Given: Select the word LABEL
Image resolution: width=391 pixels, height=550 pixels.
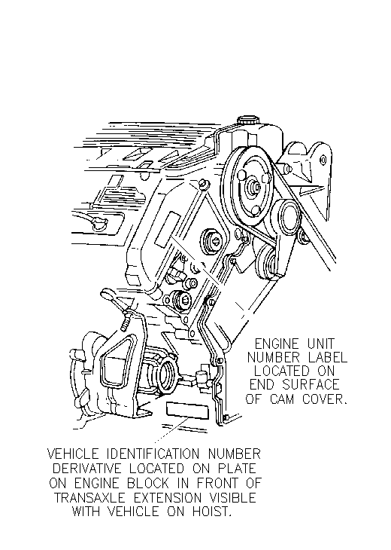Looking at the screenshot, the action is tap(328, 357).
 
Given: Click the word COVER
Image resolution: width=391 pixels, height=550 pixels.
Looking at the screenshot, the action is tap(325, 399).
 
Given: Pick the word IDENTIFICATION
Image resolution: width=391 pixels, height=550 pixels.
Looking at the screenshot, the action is tap(153, 454).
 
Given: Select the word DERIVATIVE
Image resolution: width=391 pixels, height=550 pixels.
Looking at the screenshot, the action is tap(87, 469).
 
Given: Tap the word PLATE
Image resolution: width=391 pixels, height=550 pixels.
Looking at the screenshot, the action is tap(237, 469).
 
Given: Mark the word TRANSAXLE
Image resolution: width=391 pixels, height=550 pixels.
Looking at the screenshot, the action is tap(90, 498).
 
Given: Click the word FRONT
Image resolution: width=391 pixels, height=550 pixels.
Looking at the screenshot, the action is tap(217, 484).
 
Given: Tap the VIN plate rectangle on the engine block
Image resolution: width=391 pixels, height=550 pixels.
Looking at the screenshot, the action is tap(187, 411).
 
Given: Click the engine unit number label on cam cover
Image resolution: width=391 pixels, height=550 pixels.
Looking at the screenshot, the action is tap(168, 230).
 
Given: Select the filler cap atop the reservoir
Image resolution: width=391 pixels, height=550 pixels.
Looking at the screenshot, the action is tap(248, 121).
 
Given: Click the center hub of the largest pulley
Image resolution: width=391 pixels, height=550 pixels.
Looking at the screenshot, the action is tap(254, 187).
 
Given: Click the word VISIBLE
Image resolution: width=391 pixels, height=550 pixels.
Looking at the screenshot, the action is tap(232, 498).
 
